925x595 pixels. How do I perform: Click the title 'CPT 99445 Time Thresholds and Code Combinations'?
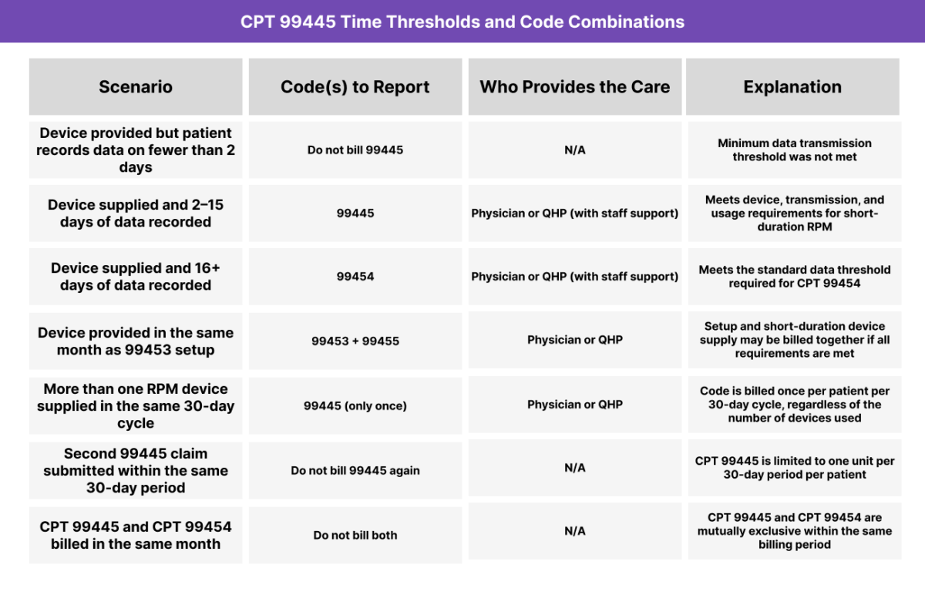[462, 22]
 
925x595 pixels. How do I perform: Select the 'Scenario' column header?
[136, 87]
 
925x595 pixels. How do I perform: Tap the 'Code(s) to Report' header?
[355, 87]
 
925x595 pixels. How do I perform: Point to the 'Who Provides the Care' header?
[575, 87]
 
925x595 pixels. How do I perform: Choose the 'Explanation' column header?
[792, 87]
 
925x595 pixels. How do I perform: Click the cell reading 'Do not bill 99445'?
[355, 150]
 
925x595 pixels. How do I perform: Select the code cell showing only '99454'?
[355, 276]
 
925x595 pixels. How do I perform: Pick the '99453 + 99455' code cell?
[355, 340]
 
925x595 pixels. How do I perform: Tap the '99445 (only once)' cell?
[355, 405]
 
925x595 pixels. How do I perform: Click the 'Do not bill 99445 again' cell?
[355, 470]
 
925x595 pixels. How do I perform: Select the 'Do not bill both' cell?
[355, 535]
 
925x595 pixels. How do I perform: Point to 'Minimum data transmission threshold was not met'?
[794, 150]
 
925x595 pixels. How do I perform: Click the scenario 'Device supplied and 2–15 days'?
[136, 213]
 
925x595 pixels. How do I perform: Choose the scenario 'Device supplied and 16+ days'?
[136, 277]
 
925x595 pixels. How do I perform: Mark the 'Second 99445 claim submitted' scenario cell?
[136, 470]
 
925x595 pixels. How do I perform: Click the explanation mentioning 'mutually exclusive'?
[794, 531]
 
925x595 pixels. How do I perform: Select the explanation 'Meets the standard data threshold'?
[794, 276]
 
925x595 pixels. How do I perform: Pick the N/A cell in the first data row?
[575, 150]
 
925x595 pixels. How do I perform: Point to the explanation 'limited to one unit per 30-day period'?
[794, 468]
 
